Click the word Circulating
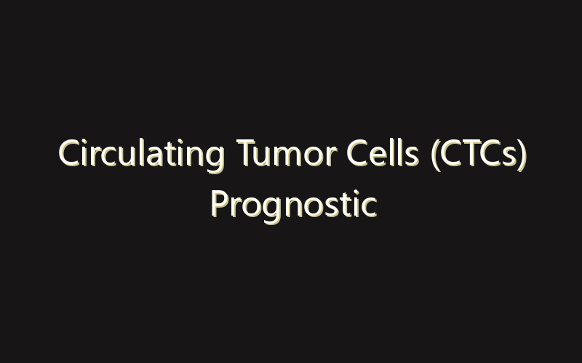[142, 155]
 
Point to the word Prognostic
[293, 204]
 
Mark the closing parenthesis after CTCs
[522, 156]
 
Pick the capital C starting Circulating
[68, 155]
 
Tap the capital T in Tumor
[245, 155]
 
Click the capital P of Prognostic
[218, 204]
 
